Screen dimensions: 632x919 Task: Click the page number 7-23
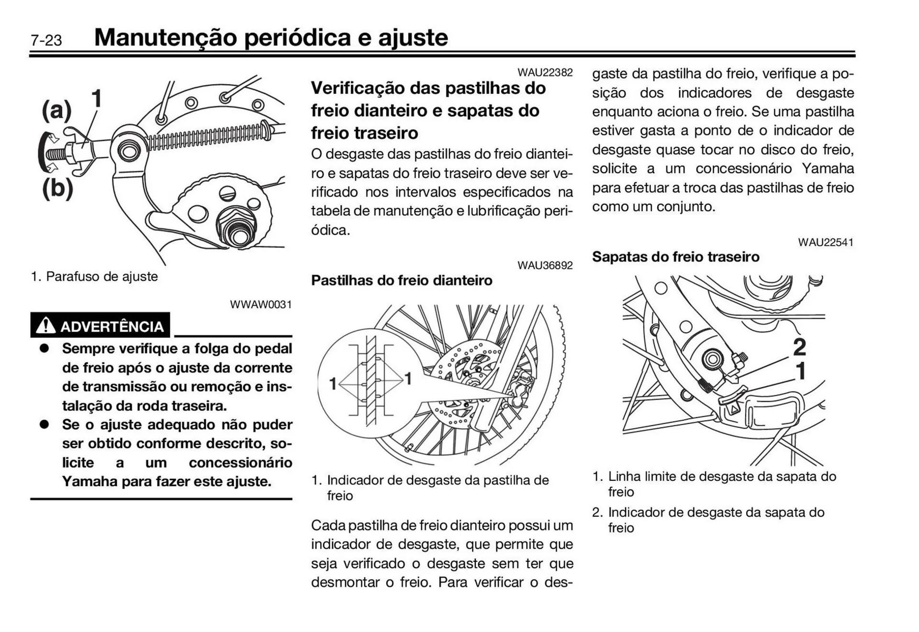pyautogui.click(x=46, y=40)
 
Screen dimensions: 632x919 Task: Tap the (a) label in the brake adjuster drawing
pyautogui.click(x=56, y=110)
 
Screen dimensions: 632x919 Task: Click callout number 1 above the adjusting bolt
pyautogui.click(x=96, y=99)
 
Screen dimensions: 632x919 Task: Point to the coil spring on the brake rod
pyautogui.click(x=206, y=136)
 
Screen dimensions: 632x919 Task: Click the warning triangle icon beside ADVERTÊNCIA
pyautogui.click(x=45, y=325)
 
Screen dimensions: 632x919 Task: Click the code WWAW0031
pyautogui.click(x=260, y=304)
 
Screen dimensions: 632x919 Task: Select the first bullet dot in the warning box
pyautogui.click(x=45, y=348)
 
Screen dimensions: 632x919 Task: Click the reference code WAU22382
pyautogui.click(x=545, y=72)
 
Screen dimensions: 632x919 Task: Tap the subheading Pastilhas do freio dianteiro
pyautogui.click(x=401, y=280)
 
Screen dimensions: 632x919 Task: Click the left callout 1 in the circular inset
pyautogui.click(x=333, y=383)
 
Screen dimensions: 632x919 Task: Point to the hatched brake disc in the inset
pyautogui.click(x=371, y=380)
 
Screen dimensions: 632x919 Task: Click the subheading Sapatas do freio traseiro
pyautogui.click(x=675, y=257)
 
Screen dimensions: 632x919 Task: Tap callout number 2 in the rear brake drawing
pyautogui.click(x=799, y=347)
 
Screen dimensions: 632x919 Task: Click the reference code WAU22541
pyautogui.click(x=825, y=242)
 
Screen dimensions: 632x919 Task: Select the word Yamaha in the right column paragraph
pyautogui.click(x=828, y=168)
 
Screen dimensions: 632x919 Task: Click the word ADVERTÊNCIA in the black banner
pyautogui.click(x=112, y=327)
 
